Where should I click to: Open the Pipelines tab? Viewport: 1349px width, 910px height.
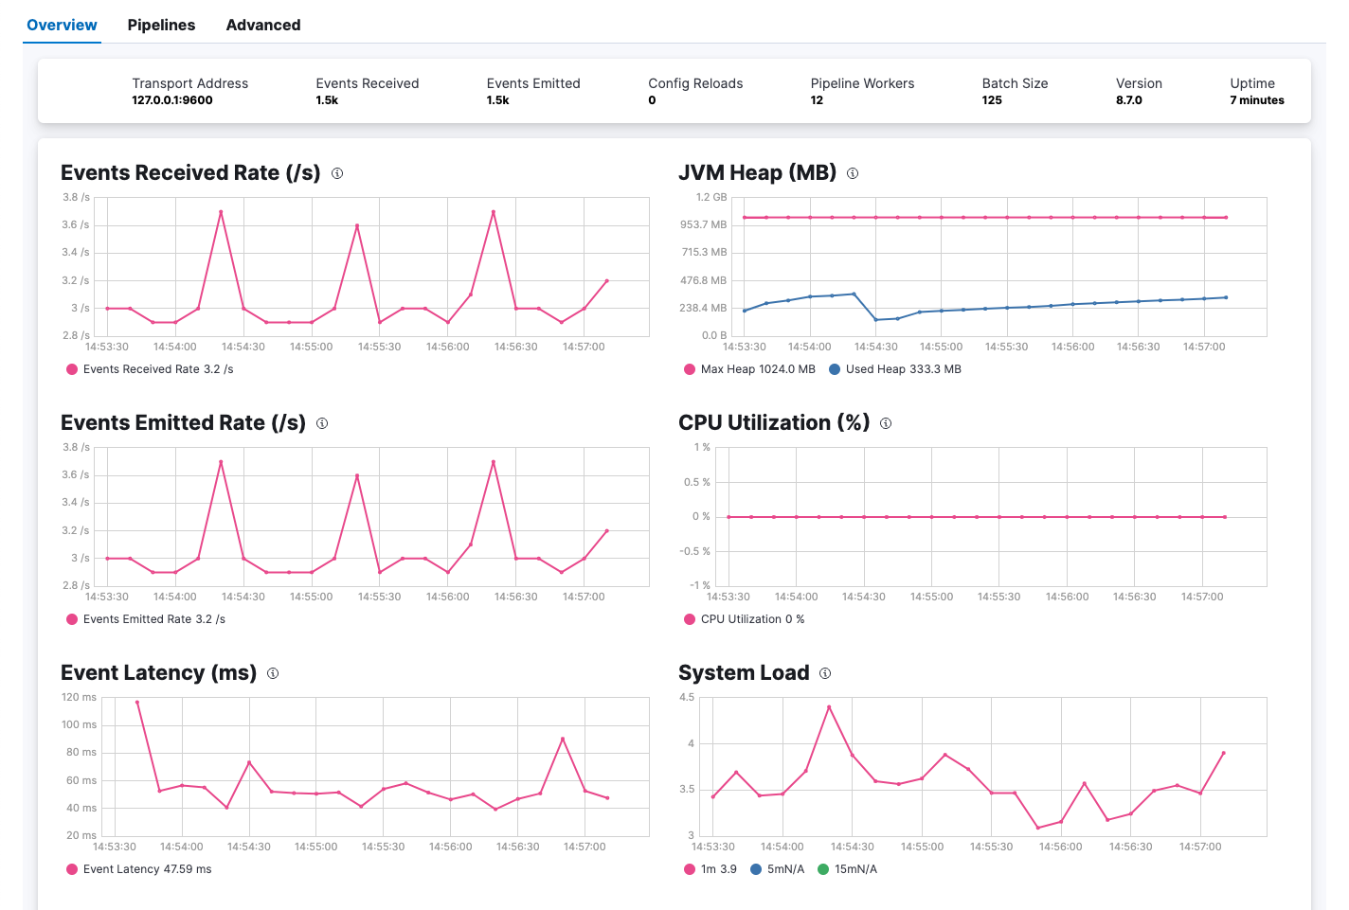(161, 25)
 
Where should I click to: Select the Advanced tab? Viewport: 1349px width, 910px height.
(262, 25)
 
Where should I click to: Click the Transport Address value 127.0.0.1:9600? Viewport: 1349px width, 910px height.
(171, 100)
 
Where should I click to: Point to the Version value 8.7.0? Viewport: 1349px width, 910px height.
(1128, 100)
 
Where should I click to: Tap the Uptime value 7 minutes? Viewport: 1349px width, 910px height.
(1256, 100)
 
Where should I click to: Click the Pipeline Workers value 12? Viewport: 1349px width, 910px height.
(817, 100)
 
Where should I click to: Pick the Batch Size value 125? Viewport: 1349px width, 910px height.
(992, 100)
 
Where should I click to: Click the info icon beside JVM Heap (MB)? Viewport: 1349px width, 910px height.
(853, 173)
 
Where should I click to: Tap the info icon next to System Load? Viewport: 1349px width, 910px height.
(825, 673)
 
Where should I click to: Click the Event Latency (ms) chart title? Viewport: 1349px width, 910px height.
(158, 672)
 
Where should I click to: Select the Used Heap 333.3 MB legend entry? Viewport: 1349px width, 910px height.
(894, 369)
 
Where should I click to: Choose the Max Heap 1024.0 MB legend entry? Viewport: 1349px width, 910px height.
(749, 369)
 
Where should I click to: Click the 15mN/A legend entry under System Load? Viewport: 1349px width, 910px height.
(847, 869)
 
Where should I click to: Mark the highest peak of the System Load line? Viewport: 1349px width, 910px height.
(829, 706)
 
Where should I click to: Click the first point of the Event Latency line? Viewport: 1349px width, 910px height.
(137, 702)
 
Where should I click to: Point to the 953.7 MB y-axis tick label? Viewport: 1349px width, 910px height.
(703, 224)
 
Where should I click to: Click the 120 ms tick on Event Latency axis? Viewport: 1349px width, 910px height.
(79, 697)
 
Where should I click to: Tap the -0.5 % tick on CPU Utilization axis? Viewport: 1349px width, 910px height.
(694, 551)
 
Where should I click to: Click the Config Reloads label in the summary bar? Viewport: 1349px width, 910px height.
(695, 83)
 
